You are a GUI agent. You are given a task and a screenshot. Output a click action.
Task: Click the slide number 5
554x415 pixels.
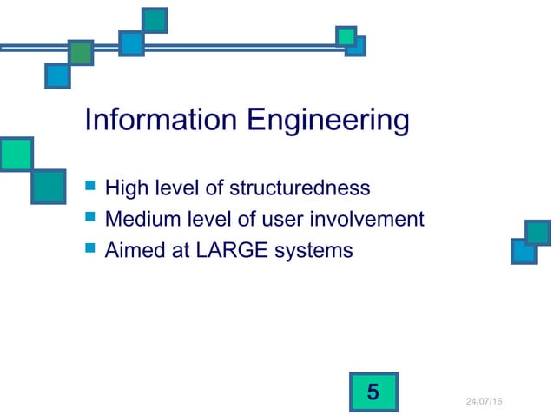373,392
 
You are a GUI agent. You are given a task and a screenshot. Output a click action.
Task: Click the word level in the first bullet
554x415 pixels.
173,188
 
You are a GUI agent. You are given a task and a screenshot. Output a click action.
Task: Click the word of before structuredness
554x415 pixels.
214,188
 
